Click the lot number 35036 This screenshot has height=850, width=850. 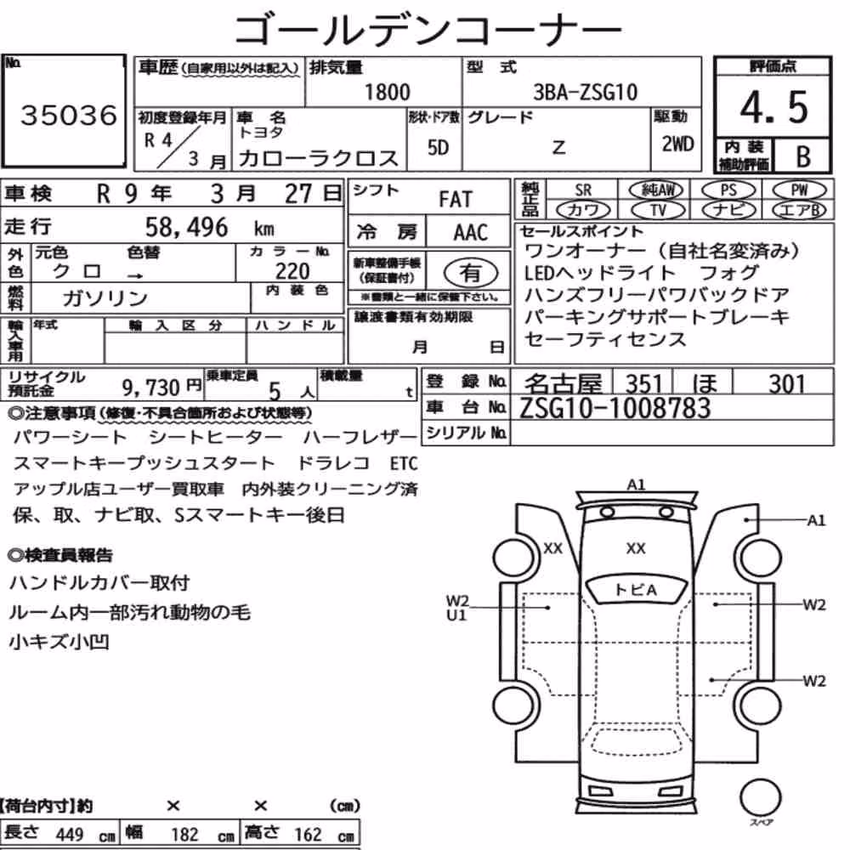(69, 115)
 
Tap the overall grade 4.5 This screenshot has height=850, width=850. (773, 107)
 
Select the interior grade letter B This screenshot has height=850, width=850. (803, 156)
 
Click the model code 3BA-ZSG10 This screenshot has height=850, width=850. (585, 92)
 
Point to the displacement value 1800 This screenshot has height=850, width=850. (387, 92)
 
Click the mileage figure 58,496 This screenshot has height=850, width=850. (186, 227)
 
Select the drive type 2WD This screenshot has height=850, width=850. (677, 144)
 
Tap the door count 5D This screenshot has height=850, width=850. (438, 147)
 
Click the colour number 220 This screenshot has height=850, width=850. (292, 271)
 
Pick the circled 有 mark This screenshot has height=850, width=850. (471, 273)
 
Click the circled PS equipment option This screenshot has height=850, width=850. (728, 190)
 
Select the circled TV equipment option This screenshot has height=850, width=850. (658, 210)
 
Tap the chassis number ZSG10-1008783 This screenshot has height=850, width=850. (615, 408)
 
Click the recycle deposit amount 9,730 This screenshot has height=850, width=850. (150, 388)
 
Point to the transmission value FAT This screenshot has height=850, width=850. (456, 200)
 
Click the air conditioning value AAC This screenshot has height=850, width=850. (470, 233)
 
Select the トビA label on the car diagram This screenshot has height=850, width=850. (636, 590)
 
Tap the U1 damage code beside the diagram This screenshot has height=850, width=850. (456, 615)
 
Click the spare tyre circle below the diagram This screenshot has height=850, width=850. (760, 798)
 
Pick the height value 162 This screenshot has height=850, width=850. (308, 835)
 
